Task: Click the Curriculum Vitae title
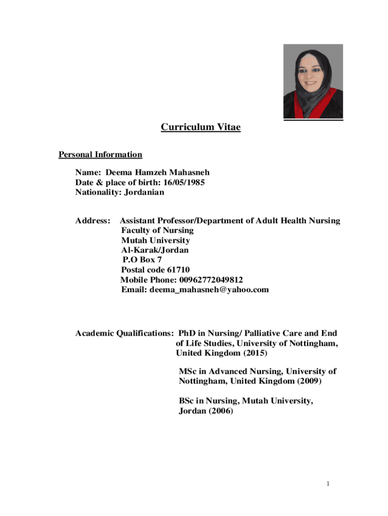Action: tap(201, 127)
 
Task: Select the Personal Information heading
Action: tap(100, 155)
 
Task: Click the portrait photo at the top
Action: tap(313, 82)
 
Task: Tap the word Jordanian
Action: tap(142, 192)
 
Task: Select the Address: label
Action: tap(93, 221)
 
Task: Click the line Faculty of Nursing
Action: tap(157, 230)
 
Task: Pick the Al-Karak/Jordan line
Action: tap(155, 250)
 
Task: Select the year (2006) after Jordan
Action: tap(219, 411)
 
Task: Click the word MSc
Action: tap(187, 371)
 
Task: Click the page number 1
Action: tap(328, 485)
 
